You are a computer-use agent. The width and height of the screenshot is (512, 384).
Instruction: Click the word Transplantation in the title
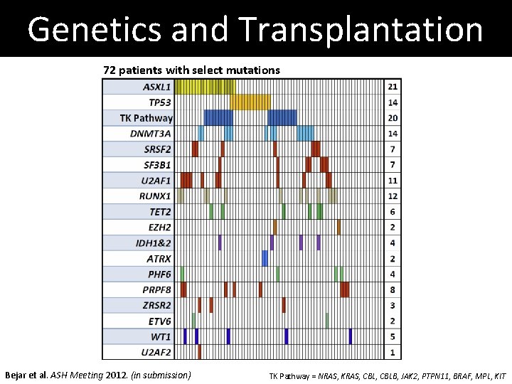361,30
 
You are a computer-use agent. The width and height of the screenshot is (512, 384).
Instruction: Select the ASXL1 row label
157,87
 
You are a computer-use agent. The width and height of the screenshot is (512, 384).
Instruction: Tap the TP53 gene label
160,102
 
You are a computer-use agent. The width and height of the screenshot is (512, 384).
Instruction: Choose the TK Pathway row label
146,118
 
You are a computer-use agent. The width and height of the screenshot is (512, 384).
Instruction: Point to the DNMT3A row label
151,134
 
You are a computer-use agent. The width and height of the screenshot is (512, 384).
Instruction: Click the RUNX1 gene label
155,196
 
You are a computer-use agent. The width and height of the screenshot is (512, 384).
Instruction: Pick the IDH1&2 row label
153,243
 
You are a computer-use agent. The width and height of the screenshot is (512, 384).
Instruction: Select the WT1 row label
160,336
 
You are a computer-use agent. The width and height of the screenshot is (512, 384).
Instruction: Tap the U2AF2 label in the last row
156,352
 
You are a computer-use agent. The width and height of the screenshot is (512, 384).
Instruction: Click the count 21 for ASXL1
393,87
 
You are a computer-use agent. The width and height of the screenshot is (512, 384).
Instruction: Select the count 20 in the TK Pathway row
393,118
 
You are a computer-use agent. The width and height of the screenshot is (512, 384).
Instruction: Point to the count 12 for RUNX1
393,196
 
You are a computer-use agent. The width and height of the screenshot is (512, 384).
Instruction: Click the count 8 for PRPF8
393,289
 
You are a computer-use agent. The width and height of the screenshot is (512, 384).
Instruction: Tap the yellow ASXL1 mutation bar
205,87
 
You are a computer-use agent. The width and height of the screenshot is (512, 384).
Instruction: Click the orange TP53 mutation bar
250,102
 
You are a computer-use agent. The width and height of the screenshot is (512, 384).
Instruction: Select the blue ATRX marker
265,258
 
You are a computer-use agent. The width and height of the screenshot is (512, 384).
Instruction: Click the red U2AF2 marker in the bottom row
199,352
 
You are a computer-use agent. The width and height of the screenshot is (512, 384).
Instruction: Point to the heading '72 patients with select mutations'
191,70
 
